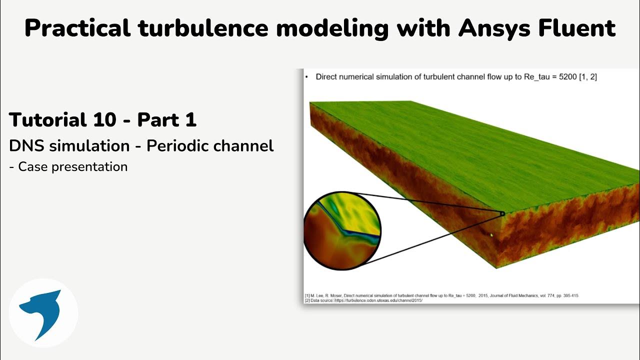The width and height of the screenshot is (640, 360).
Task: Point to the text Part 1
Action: pyautogui.click(x=166, y=120)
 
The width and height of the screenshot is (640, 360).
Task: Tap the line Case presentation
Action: pyautogui.click(x=72, y=166)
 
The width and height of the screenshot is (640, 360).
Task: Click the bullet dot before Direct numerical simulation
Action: pyautogui.click(x=306, y=77)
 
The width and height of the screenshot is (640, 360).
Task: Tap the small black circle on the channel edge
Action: pyautogui.click(x=502, y=214)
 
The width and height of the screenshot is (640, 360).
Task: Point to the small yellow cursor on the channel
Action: pyautogui.click(x=491, y=234)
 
